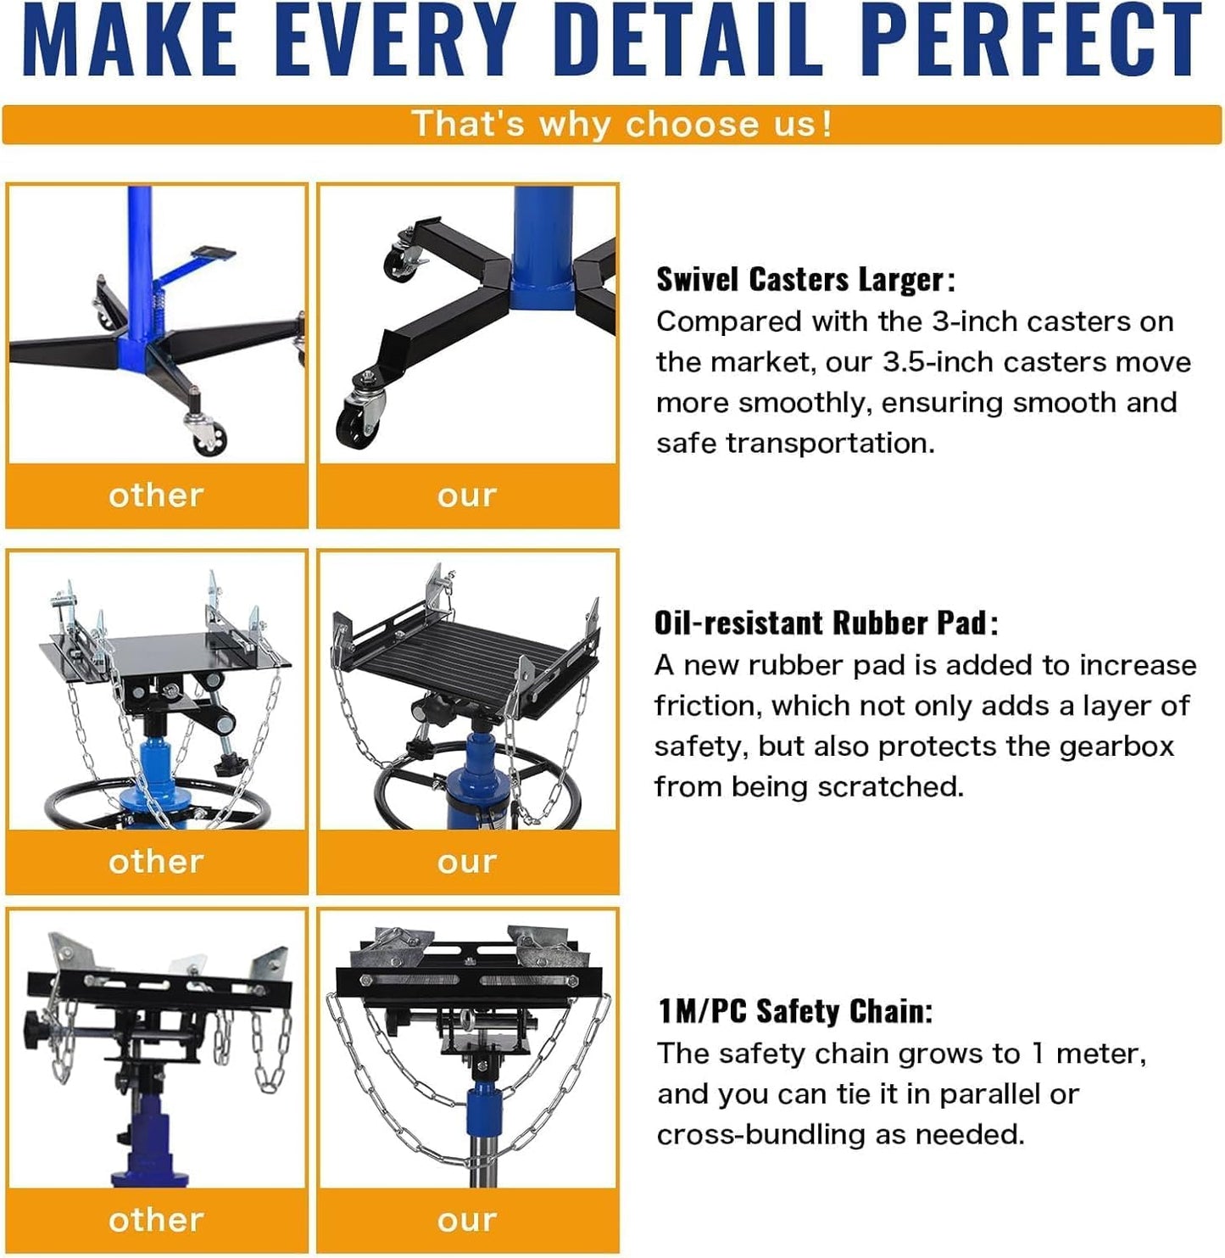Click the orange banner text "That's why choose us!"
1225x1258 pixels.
[x=621, y=124]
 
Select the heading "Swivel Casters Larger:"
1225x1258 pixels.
[x=805, y=279]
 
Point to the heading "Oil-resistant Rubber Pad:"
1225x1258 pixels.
[x=826, y=623]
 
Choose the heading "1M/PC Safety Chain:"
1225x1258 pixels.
[x=795, y=1011]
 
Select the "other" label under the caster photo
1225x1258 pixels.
[x=156, y=495]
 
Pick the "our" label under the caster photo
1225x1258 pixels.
[x=467, y=495]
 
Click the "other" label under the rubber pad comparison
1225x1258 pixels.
[x=156, y=862]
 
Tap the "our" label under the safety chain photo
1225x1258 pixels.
[x=467, y=1220]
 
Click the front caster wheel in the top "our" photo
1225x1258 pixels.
[x=356, y=423]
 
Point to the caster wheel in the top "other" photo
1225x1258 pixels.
[x=209, y=439]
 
